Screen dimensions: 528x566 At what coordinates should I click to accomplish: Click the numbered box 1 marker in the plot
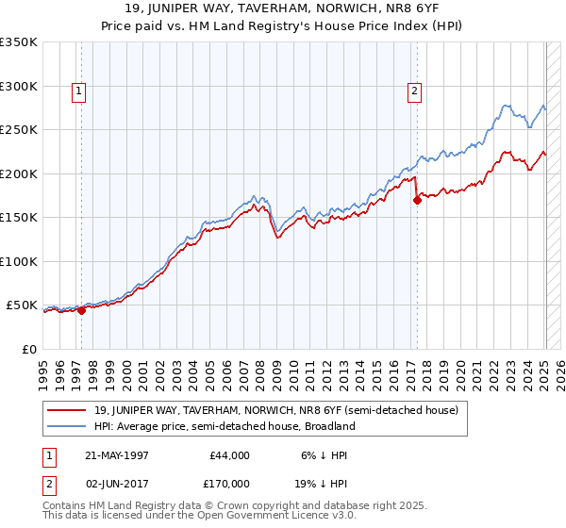click(x=78, y=91)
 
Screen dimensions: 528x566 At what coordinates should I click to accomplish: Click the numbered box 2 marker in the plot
click(x=414, y=91)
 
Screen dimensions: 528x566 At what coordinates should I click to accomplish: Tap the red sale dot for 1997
click(x=82, y=309)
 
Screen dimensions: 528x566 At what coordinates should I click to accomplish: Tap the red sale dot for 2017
click(x=417, y=200)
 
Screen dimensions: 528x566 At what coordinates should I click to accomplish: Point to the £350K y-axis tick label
click(x=19, y=42)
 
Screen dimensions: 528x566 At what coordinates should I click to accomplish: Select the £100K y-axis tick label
click(x=19, y=261)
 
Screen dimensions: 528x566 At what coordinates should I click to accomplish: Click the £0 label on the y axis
click(x=29, y=349)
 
